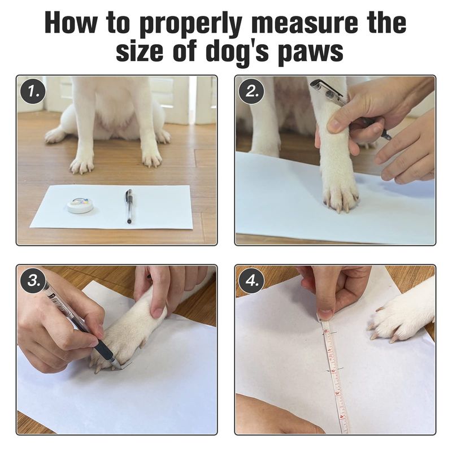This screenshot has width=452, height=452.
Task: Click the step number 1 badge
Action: tap(33, 92)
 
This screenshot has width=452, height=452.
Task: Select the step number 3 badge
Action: tap(33, 280)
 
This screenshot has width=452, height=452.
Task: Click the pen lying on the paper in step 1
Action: tap(129, 206)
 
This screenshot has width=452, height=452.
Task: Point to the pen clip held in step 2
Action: tap(327, 86)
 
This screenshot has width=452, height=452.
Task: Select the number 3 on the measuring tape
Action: tap(337, 393)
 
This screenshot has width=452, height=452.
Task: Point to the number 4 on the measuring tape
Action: tap(341, 416)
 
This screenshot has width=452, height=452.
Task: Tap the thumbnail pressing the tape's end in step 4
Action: tap(325, 314)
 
